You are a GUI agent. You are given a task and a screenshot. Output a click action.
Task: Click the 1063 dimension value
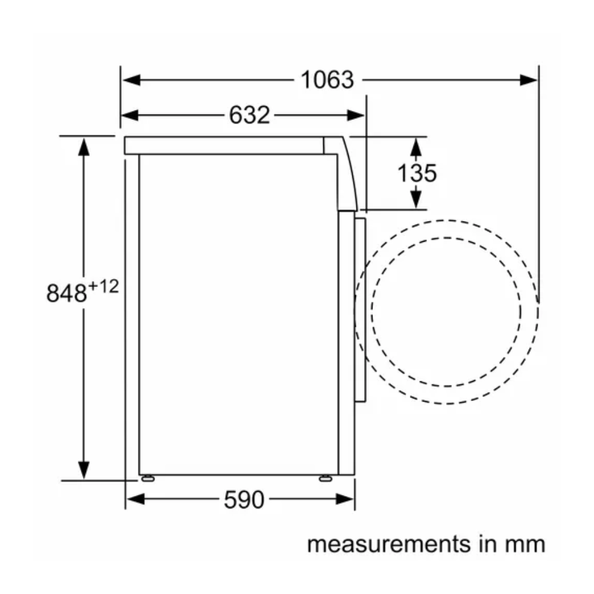(x=327, y=80)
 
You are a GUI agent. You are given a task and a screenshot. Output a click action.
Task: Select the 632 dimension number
(x=249, y=115)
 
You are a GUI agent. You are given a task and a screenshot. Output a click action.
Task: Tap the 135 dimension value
(x=417, y=173)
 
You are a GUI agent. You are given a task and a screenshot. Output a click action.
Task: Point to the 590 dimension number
(x=244, y=500)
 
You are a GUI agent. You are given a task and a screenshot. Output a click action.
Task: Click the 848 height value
(x=67, y=293)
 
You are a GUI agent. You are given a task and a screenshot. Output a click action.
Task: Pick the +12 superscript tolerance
(x=103, y=286)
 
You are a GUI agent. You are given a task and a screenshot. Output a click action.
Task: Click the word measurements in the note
(x=389, y=544)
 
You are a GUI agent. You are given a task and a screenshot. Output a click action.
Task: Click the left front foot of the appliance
(x=148, y=478)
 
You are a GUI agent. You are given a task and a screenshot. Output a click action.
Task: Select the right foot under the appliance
(x=326, y=478)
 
